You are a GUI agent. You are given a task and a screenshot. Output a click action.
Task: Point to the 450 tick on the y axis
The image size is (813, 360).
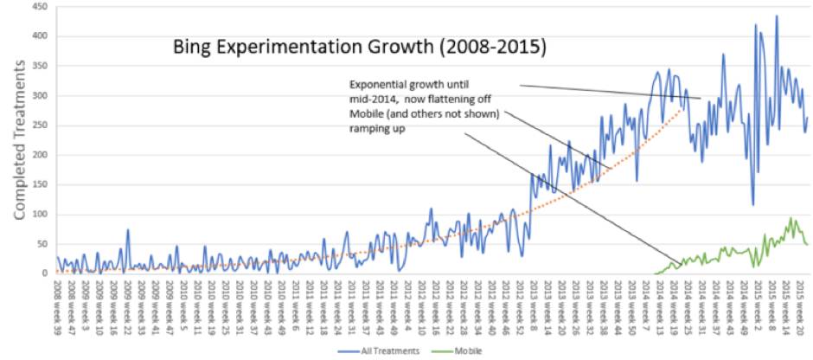point(39,7)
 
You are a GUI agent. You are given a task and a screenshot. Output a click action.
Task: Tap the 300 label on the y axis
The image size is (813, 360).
point(39,96)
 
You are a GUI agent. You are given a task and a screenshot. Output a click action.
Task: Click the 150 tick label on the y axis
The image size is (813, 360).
point(39,185)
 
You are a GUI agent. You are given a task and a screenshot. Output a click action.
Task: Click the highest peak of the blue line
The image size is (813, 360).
point(777,16)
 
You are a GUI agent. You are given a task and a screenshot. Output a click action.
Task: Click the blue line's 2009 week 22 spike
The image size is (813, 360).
point(128,230)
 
